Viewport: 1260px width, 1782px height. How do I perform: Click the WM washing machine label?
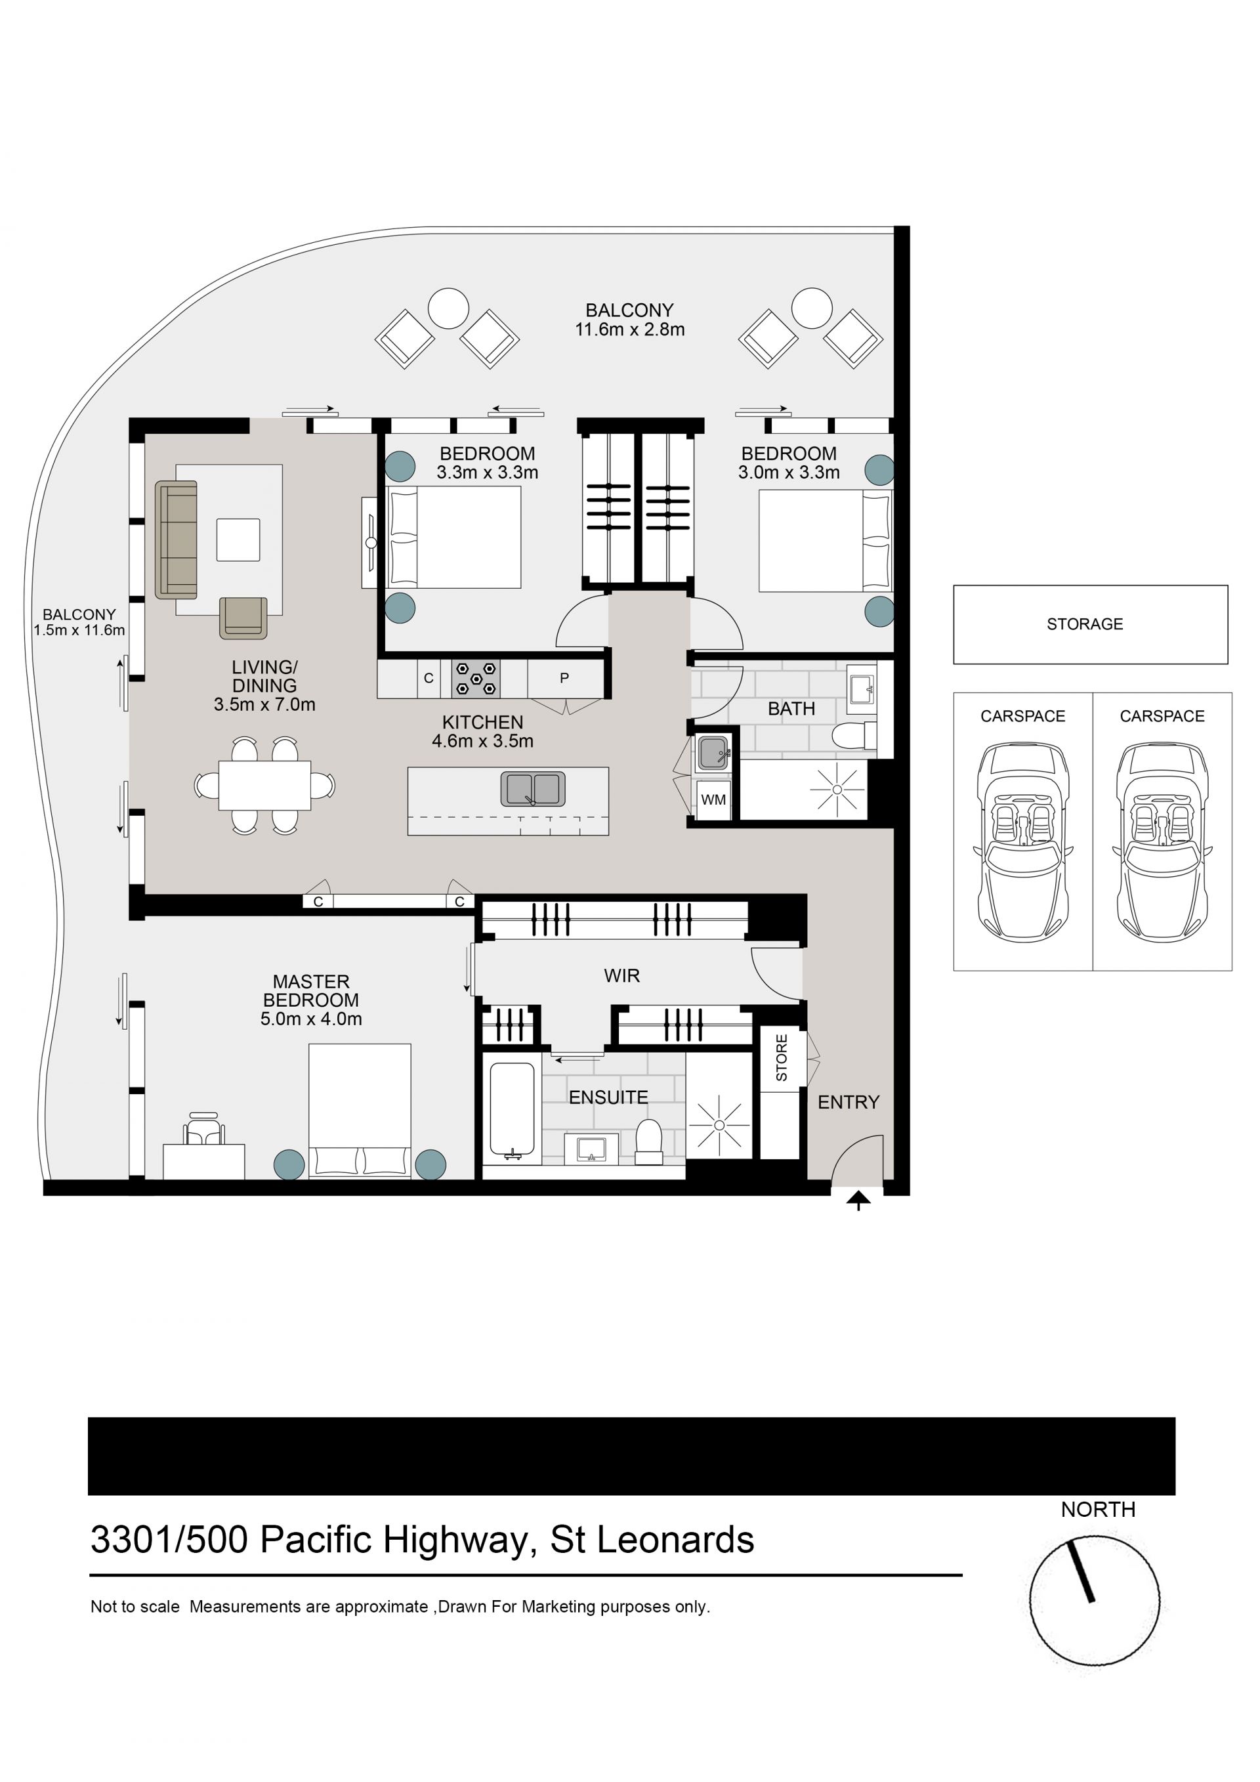pos(713,799)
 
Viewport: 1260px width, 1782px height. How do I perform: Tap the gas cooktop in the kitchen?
pos(476,678)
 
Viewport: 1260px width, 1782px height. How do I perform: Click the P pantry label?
pos(564,677)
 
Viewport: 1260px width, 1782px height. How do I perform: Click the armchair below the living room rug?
pos(243,618)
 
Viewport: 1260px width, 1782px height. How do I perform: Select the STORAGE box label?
pos(1085,624)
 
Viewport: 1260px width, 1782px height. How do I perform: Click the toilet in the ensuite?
pos(648,1143)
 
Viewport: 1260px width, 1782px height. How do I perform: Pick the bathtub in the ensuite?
pos(512,1111)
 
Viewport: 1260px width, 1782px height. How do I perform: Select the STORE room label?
pos(782,1058)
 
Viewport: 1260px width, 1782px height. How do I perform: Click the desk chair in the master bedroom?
pos(204,1130)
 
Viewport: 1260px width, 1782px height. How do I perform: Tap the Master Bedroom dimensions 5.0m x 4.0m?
pos(311,1019)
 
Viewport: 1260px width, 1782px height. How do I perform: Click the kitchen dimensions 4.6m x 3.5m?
pos(482,741)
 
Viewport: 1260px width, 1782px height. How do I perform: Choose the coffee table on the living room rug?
pos(238,540)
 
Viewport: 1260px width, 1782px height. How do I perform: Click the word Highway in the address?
pos(455,1540)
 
